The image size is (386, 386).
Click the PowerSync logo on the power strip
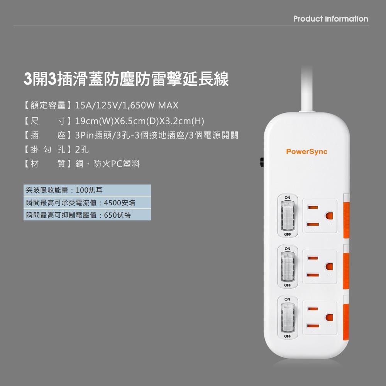[306, 152]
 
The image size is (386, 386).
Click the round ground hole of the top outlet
[329, 216]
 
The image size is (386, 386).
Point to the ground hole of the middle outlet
[329, 266]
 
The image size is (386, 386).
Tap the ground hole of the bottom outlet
[329, 317]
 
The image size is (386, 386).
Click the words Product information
[330, 19]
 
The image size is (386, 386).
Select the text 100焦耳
[89, 190]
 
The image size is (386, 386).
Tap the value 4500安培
[122, 203]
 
